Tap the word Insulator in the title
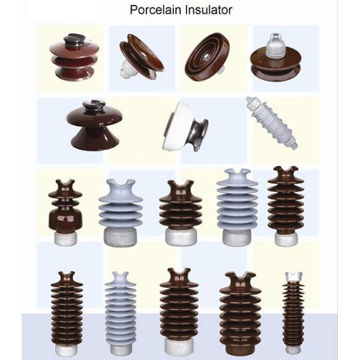[207, 10]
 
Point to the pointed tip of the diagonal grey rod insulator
[250, 100]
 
